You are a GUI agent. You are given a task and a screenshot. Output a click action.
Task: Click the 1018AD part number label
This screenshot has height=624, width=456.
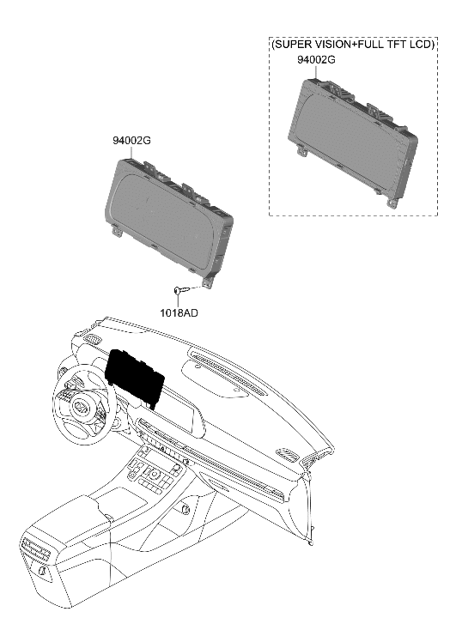178,313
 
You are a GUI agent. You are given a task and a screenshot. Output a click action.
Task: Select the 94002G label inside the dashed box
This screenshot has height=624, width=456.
316,60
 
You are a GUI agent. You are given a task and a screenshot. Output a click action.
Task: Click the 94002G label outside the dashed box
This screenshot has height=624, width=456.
131,139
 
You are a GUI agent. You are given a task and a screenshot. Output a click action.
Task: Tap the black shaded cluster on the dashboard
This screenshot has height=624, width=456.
135,375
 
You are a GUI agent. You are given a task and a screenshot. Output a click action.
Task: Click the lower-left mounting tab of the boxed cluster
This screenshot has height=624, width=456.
303,151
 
